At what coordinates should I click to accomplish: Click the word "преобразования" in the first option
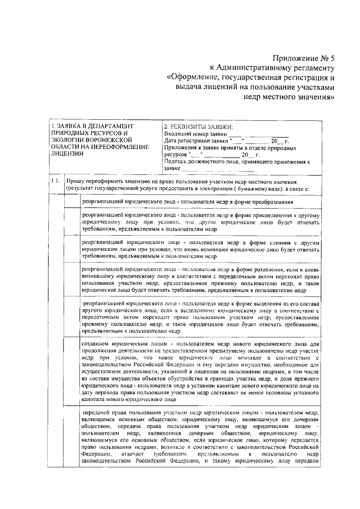287,201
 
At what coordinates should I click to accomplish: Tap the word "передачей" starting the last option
84,413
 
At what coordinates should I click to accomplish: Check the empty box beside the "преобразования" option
71,201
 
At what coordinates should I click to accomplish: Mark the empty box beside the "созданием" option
71,371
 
